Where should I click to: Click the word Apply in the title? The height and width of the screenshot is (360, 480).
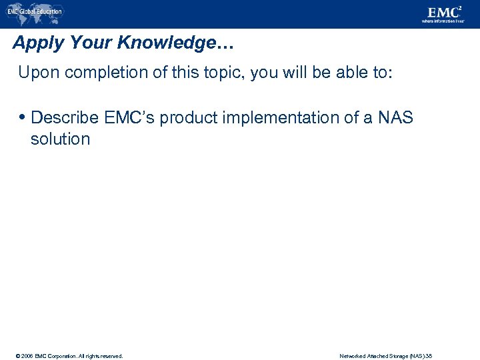(35, 43)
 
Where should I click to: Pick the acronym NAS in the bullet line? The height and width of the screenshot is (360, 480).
(396, 118)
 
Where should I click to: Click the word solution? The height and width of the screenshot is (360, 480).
(60, 139)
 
